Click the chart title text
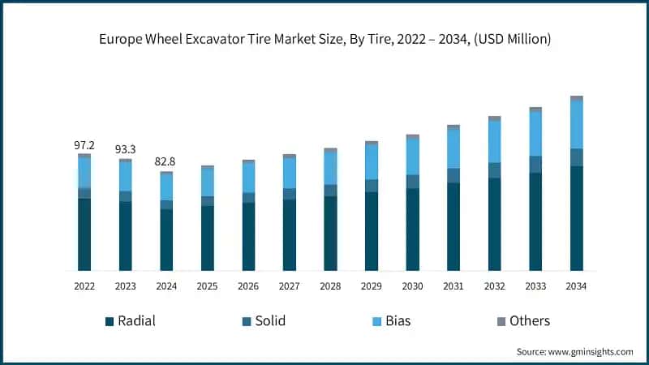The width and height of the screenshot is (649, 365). point(324,40)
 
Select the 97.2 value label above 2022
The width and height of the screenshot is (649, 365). point(84,145)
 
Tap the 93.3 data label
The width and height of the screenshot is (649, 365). point(126,150)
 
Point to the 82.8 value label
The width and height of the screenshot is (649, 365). point(166,162)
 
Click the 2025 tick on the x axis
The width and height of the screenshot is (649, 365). point(208,286)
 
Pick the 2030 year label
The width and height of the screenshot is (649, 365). point(412,286)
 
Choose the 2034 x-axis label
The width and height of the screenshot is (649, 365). point(576,286)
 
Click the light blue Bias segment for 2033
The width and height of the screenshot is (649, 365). point(535,133)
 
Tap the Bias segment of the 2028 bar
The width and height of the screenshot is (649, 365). point(330,168)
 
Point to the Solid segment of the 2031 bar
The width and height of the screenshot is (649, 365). point(453,175)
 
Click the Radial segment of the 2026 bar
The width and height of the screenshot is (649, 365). point(248,236)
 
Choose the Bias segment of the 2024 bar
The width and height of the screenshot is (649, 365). point(166,187)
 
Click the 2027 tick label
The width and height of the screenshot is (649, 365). point(290,286)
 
